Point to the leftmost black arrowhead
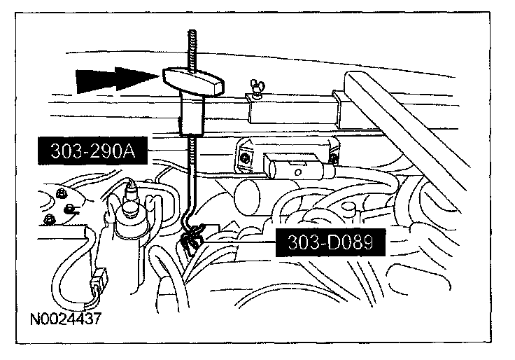(94, 80)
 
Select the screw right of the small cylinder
(334, 159)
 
